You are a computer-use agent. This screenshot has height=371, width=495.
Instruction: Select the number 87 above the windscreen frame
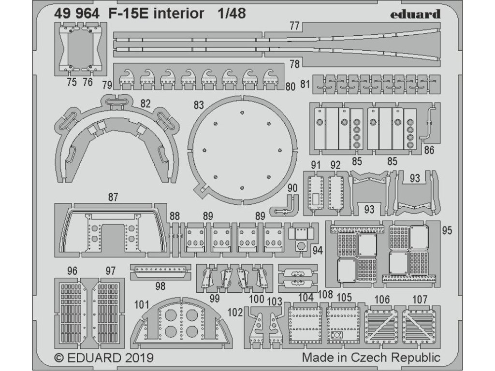pos(113,197)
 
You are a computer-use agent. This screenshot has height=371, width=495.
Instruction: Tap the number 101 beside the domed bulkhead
pos(141,305)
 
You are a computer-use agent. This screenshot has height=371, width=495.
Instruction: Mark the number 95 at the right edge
pos(447,230)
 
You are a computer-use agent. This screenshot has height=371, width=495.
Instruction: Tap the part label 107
pos(420,300)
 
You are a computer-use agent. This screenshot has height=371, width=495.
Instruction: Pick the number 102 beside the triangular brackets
pos(234,312)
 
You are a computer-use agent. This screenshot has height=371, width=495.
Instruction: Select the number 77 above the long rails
pos(295,27)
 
